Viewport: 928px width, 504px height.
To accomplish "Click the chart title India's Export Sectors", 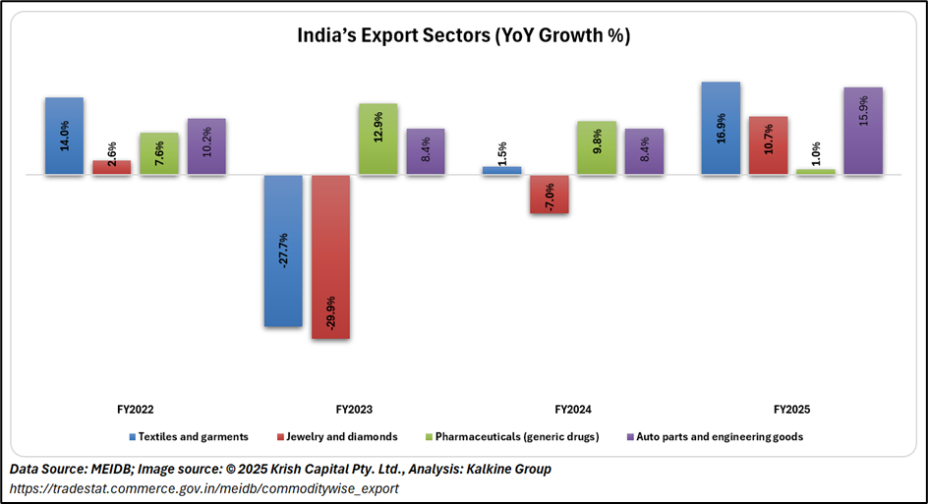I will pyautogui.click(x=463, y=36).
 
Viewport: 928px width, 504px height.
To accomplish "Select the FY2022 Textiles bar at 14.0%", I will pyautogui.click(x=64, y=136).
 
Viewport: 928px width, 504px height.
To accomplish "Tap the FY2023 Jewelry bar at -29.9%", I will pyautogui.click(x=330, y=257).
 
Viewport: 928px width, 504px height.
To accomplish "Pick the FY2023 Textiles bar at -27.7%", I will pyautogui.click(x=283, y=251).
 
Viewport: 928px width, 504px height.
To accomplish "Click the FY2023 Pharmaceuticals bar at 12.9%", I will pyautogui.click(x=377, y=139).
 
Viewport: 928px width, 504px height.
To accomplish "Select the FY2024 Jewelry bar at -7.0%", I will pyautogui.click(x=550, y=195).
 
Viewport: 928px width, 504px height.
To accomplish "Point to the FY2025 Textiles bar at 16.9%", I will pyautogui.click(x=721, y=128).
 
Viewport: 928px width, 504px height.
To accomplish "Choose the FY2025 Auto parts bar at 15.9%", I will pyautogui.click(x=863, y=131).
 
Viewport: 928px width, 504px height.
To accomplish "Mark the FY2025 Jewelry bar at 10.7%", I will pyautogui.click(x=768, y=145).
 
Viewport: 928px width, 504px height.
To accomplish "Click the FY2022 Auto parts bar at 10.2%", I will pyautogui.click(x=206, y=146).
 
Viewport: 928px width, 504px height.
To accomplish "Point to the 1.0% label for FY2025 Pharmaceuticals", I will pyautogui.click(x=816, y=154).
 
